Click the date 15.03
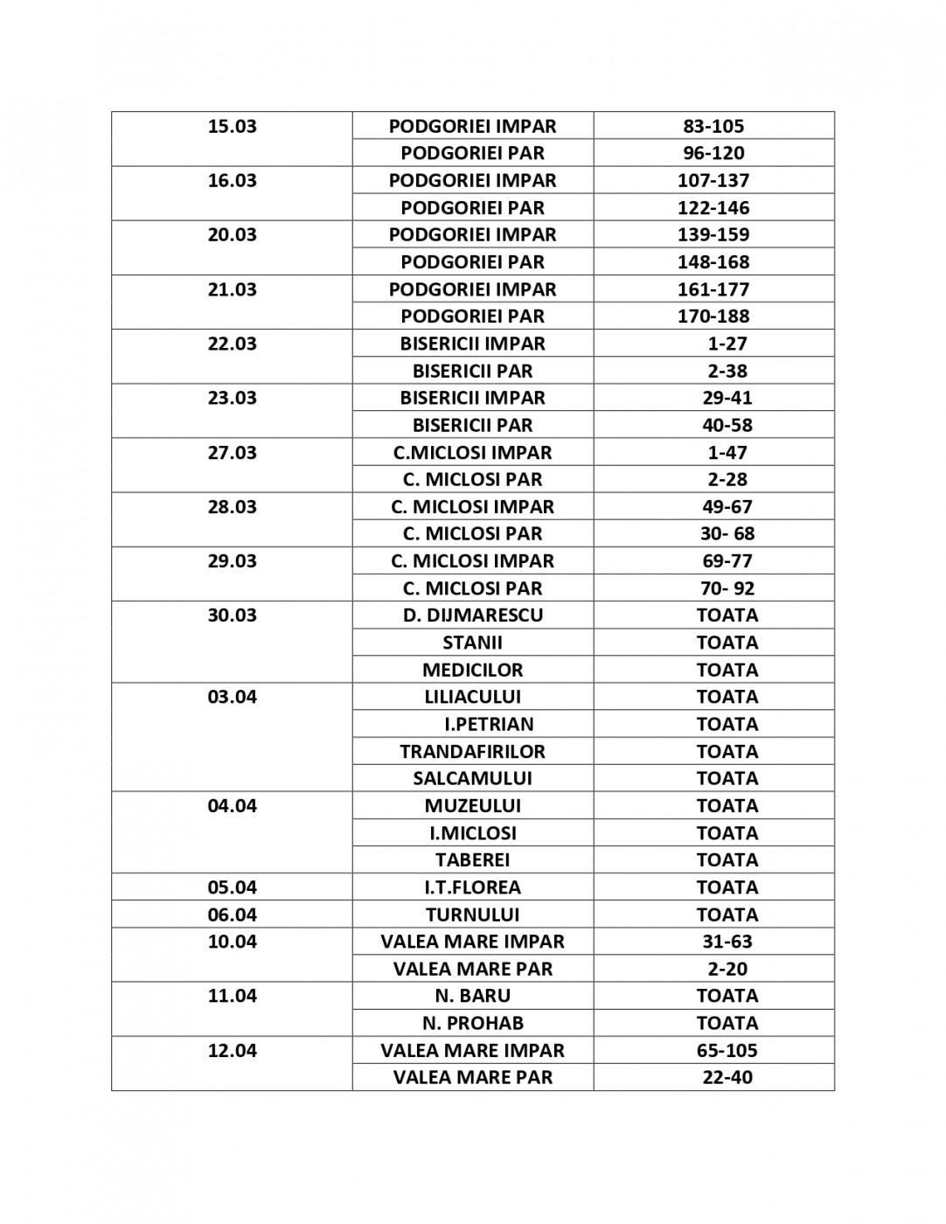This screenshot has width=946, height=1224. (232, 126)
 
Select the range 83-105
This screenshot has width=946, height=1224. (713, 126)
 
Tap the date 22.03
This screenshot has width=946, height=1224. (232, 344)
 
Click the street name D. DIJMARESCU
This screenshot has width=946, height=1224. (472, 615)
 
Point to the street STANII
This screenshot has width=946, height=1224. (472, 643)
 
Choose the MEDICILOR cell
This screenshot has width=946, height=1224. (472, 670)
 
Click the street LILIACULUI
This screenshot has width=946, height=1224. (472, 697)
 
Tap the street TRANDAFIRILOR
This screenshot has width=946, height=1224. (472, 751)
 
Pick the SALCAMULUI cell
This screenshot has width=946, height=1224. (472, 778)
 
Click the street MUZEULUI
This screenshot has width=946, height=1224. (472, 805)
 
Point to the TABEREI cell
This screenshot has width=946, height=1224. (472, 859)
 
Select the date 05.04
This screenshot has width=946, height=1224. (232, 887)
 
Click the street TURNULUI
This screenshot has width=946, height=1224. (472, 915)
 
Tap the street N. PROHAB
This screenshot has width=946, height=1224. (472, 1023)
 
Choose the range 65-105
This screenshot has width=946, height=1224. (727, 1050)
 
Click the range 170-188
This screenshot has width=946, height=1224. (713, 316)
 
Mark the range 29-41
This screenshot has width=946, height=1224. (727, 398)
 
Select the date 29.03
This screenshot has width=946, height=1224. (232, 561)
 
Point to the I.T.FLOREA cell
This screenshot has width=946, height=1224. (472, 887)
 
